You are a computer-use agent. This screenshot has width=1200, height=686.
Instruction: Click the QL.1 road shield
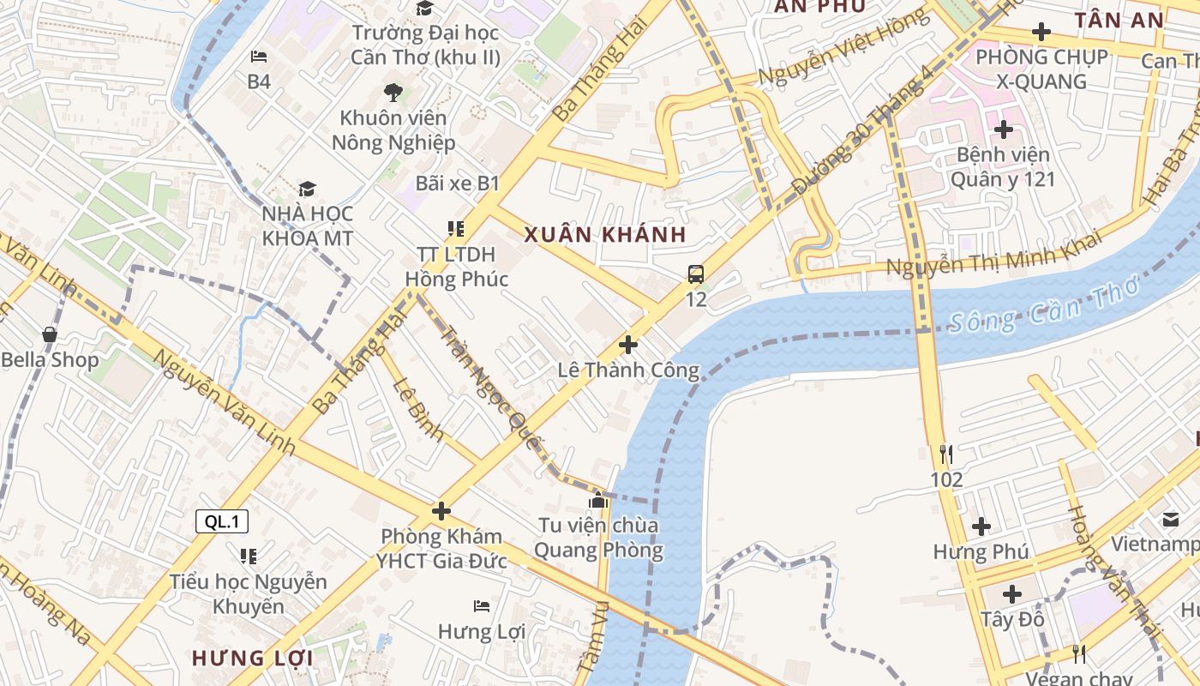coord(222,521)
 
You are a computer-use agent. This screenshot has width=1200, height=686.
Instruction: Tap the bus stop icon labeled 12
coord(696,274)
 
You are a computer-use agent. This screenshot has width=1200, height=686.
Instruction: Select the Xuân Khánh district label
coord(605,235)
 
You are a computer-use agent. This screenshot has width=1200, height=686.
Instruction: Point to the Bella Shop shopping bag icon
coord(50,334)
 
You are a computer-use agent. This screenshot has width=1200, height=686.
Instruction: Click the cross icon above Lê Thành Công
coord(628,346)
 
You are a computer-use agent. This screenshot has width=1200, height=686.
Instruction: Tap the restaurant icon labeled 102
coord(946,454)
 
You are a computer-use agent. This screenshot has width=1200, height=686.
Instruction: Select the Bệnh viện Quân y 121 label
coord(1003,167)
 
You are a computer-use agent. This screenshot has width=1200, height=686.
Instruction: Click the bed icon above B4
coord(259,57)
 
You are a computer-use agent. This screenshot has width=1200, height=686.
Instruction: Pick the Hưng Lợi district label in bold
coord(252,659)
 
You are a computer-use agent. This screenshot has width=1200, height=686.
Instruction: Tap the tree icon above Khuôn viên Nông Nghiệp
coord(393,92)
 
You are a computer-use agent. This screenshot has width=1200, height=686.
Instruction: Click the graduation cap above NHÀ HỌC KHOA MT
coord(307,189)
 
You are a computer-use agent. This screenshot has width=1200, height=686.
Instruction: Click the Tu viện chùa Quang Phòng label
coord(598,538)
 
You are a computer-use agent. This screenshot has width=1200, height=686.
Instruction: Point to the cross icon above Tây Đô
coord(1012,593)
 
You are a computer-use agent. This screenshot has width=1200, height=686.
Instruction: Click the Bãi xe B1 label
coord(457,184)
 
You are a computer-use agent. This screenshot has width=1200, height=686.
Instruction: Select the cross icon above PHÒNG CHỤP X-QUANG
coord(1041,33)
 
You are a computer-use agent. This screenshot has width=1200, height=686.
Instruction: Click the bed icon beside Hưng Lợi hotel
coord(482,606)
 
